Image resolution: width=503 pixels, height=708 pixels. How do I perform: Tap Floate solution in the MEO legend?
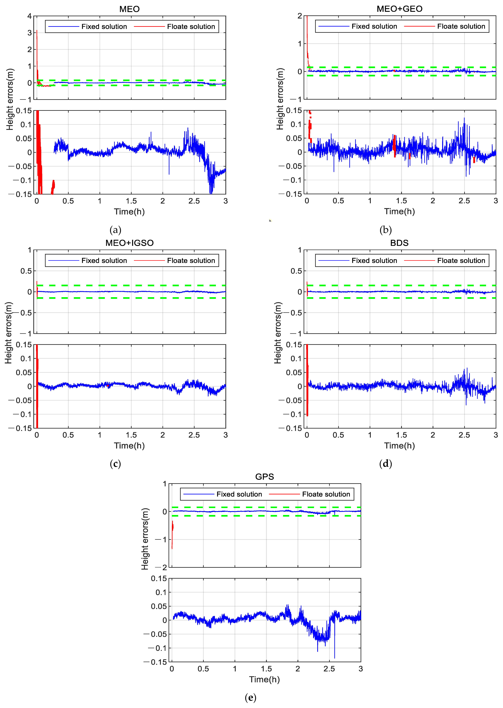191,27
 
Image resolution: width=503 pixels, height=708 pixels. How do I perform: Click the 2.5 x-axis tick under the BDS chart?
464,435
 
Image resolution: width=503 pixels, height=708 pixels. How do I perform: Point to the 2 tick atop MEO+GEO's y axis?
300,16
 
